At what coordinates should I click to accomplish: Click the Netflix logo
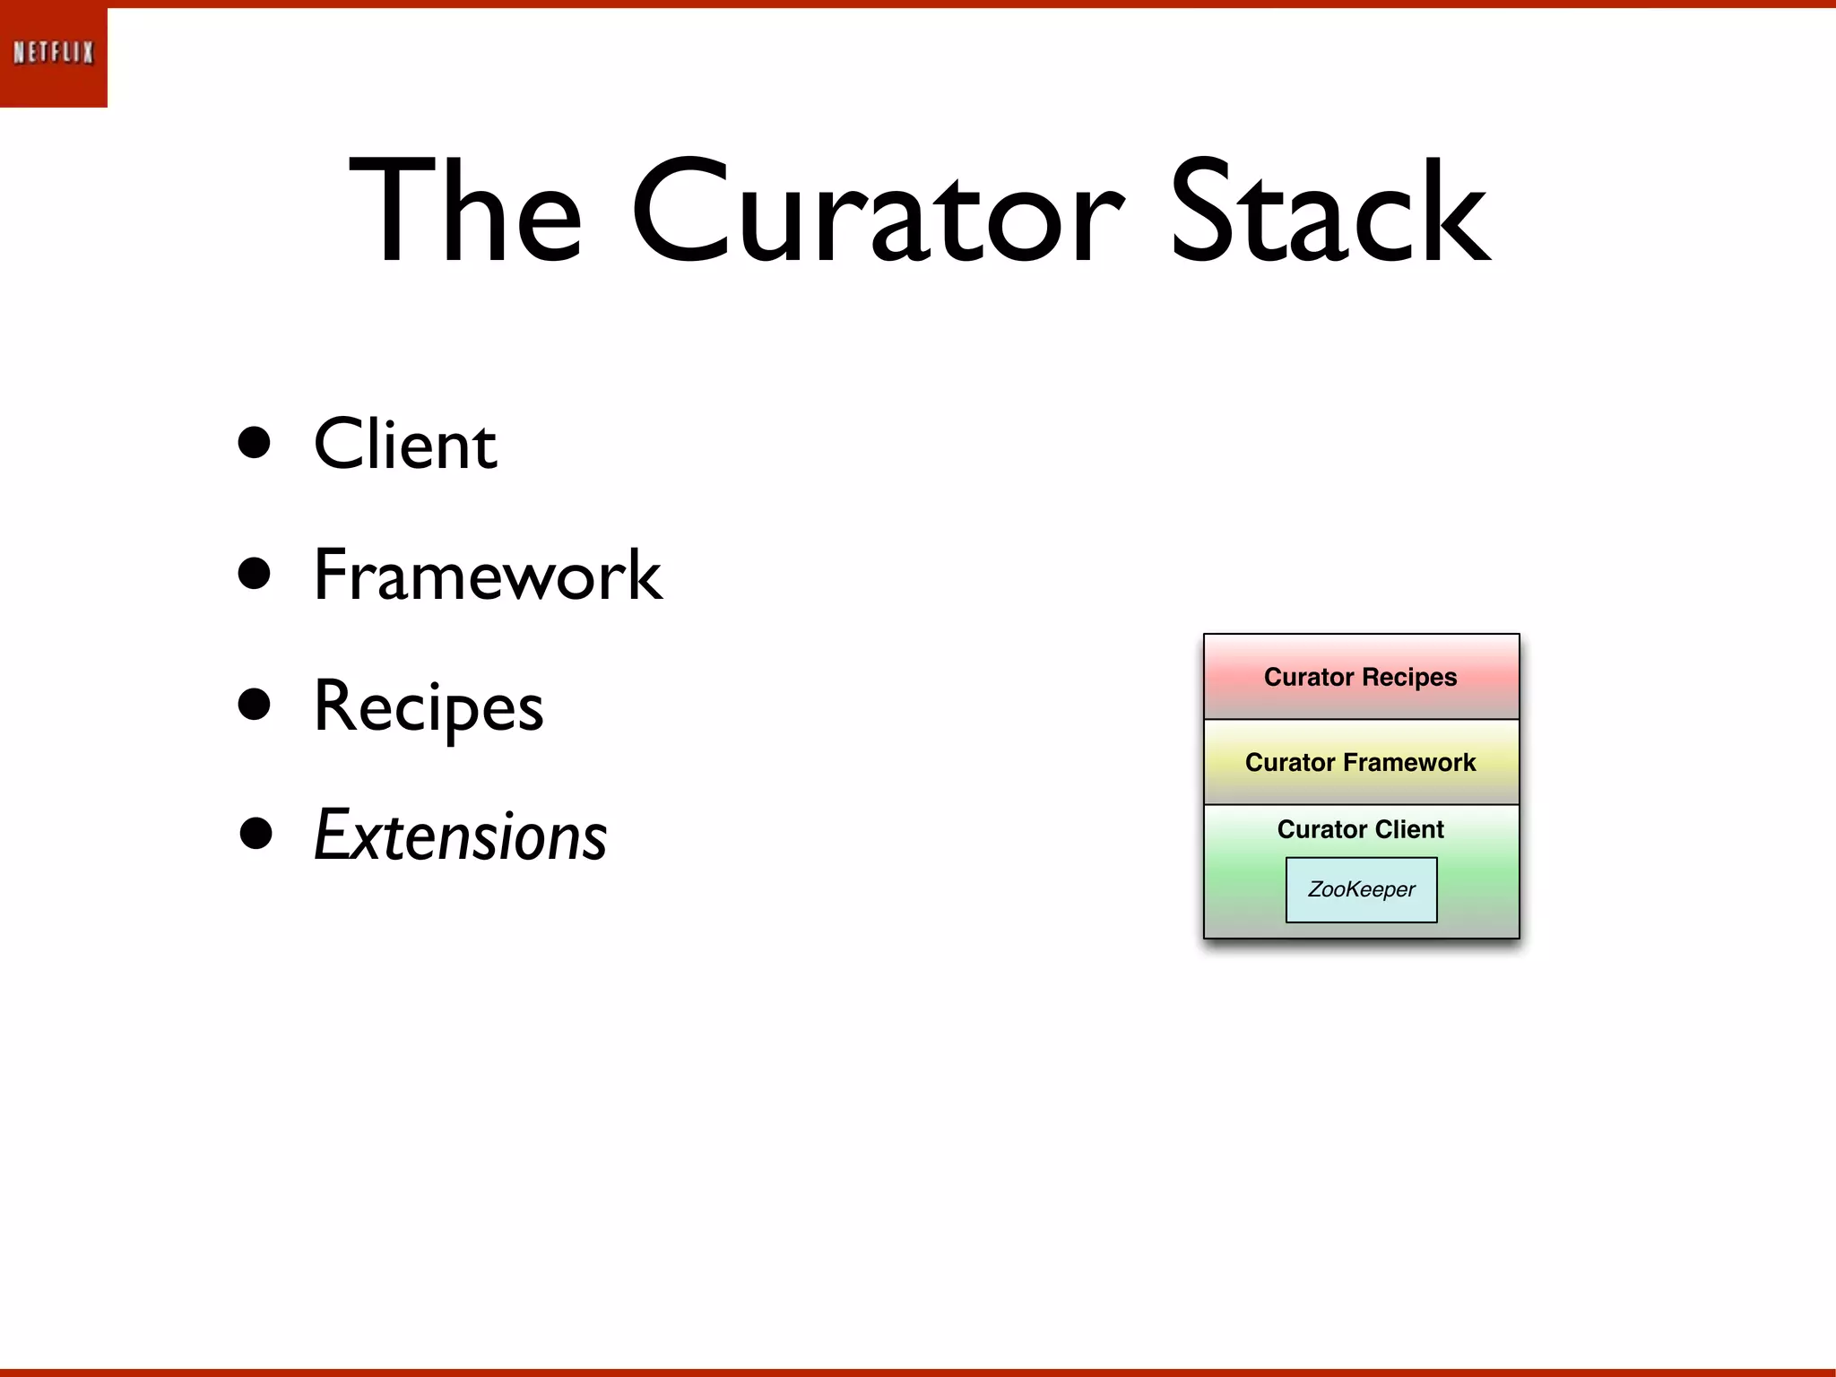(x=54, y=53)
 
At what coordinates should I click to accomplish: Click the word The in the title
(x=466, y=212)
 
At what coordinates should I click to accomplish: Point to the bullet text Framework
(x=487, y=576)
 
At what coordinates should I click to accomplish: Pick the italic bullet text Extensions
(x=460, y=836)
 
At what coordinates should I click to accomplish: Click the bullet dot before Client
(x=255, y=442)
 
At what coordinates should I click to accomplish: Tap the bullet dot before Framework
(x=255, y=574)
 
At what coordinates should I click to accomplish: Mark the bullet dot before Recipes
(x=255, y=705)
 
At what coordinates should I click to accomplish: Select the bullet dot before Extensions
(x=255, y=833)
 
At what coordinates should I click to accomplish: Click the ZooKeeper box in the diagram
(x=1361, y=889)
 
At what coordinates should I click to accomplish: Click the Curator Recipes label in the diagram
(x=1360, y=677)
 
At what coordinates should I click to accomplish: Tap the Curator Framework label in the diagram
(x=1360, y=762)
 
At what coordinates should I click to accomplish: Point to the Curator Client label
(x=1360, y=829)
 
